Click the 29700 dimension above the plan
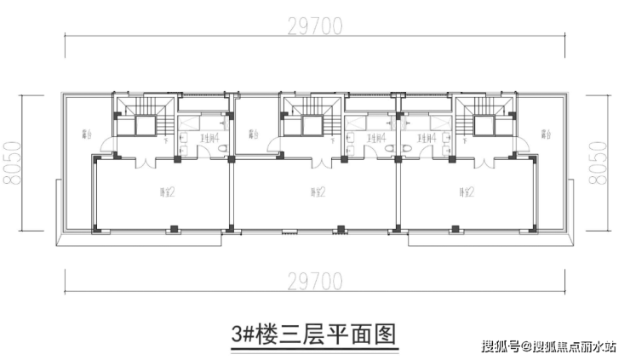click(x=314, y=26)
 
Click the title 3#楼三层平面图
click(x=315, y=330)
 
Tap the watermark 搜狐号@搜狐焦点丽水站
click(x=548, y=346)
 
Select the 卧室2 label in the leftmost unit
click(x=166, y=191)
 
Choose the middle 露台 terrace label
click(x=252, y=134)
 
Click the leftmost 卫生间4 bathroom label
click(x=210, y=136)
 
